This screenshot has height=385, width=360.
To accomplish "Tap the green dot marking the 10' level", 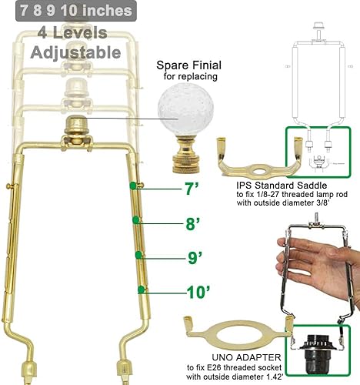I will point(141,290).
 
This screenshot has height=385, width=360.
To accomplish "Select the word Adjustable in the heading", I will point(75,53).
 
